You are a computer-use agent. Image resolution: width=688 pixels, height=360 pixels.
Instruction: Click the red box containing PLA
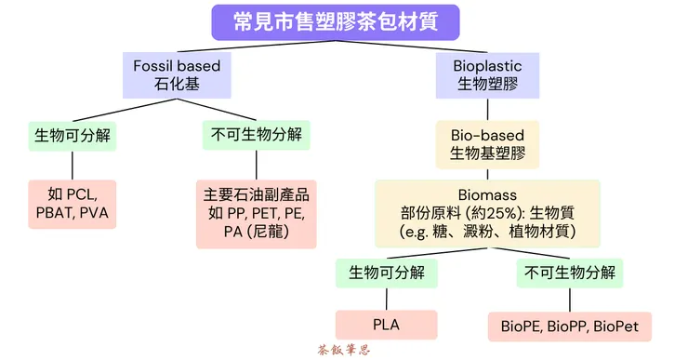point(386,325)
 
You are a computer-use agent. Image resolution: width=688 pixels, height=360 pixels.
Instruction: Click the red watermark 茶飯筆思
point(344,351)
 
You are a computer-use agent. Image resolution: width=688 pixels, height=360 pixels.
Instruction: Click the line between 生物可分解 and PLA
point(386,299)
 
